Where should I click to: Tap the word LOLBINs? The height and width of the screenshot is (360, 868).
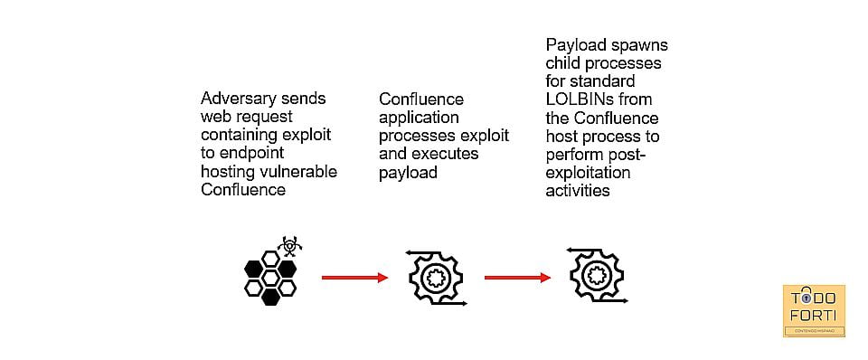tap(579, 99)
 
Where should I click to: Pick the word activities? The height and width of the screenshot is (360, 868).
tap(578, 191)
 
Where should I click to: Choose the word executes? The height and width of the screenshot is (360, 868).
tap(446, 154)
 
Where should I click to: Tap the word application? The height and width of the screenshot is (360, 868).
tap(419, 118)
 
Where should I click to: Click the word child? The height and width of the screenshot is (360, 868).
tap(561, 63)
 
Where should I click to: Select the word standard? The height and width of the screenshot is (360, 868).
tap(605, 81)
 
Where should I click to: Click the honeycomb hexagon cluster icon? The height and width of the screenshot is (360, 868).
tap(270, 278)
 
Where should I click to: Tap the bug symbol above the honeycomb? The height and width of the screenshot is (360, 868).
tap(289, 245)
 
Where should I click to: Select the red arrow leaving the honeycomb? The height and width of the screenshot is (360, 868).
tap(354, 278)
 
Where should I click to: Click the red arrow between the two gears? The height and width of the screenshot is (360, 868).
tap(517, 278)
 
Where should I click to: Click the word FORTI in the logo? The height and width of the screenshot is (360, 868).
tap(813, 317)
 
